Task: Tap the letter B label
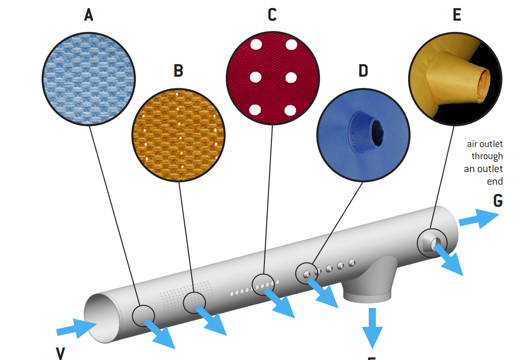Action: (178, 70)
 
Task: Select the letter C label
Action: (272, 15)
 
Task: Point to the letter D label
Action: (363, 70)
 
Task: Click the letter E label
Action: (457, 15)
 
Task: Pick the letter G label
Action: (497, 200)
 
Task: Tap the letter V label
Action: (60, 353)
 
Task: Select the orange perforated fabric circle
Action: (178, 133)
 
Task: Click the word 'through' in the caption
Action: (487, 156)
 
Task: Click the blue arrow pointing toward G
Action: (479, 218)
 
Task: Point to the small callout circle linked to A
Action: (143, 315)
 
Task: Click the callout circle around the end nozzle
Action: (432, 242)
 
